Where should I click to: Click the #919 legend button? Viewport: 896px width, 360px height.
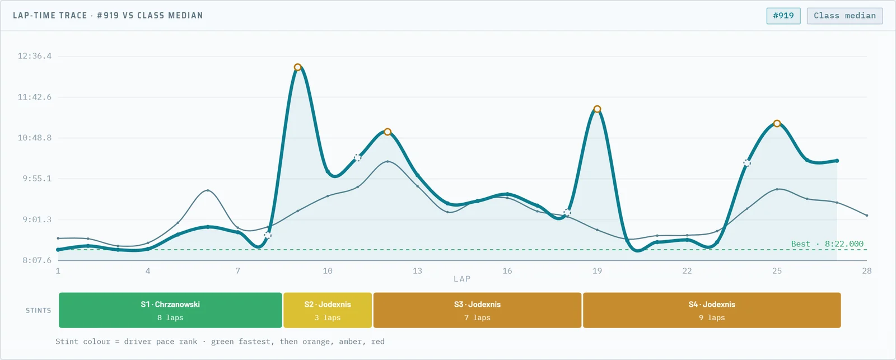(783, 16)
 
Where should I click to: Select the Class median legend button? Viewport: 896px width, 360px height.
(844, 16)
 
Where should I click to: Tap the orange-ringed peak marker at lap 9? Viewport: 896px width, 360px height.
(297, 67)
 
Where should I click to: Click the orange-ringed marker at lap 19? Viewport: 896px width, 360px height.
(597, 109)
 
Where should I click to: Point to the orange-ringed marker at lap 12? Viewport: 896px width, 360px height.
(387, 132)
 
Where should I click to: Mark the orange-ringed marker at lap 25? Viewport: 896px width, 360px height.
(777, 124)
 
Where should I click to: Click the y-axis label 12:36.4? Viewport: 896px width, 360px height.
(34, 56)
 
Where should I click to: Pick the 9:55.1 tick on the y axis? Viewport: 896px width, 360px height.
(37, 179)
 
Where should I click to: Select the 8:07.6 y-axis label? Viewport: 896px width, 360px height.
(37, 260)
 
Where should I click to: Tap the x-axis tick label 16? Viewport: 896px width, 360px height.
(507, 271)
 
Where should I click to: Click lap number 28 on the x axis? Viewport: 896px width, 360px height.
(866, 271)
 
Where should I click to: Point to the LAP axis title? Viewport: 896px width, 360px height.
(462, 279)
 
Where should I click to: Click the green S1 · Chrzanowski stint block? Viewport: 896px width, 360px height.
(170, 310)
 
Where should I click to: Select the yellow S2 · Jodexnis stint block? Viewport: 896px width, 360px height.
(328, 310)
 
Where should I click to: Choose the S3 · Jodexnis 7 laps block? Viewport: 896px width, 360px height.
(477, 310)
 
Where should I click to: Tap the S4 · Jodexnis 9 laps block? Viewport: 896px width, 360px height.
(712, 310)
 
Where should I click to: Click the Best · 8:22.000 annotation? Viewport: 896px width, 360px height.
(827, 244)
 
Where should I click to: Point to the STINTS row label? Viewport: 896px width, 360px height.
(39, 310)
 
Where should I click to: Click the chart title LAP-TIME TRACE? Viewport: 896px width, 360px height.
(50, 15)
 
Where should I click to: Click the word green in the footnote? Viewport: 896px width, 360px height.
(222, 342)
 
